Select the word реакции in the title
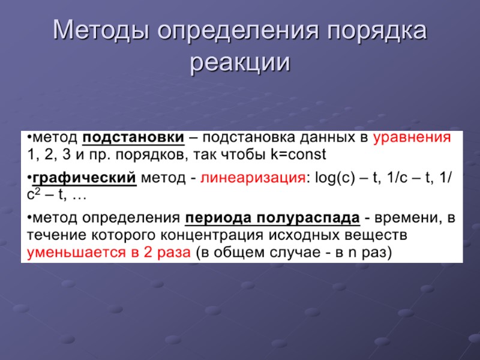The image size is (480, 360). [240, 62]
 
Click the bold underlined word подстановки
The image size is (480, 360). [133, 137]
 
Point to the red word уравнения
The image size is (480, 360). [412, 137]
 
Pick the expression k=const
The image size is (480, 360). [298, 155]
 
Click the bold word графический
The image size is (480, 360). [84, 178]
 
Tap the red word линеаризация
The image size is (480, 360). [253, 178]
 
